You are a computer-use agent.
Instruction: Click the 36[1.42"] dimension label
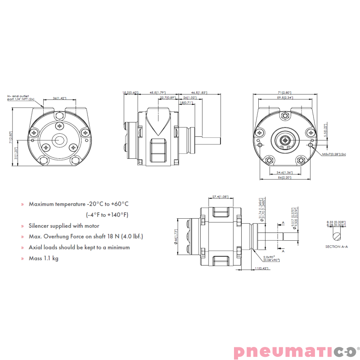(x=60, y=98)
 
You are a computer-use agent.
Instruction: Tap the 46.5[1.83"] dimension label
(x=199, y=92)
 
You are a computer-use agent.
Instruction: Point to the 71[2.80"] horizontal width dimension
(x=285, y=92)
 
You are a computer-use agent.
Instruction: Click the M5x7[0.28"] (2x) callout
(x=333, y=154)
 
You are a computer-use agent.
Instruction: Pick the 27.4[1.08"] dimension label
(x=220, y=197)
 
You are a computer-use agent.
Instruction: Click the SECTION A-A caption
(x=337, y=247)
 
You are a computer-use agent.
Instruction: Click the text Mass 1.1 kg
(x=44, y=258)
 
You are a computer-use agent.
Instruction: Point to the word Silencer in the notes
(x=40, y=226)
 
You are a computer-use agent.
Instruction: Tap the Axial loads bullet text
(x=79, y=247)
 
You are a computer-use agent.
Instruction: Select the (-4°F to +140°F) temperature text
(x=107, y=215)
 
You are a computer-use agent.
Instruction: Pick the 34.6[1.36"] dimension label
(x=285, y=172)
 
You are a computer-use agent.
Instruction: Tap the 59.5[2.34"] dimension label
(x=285, y=97)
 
